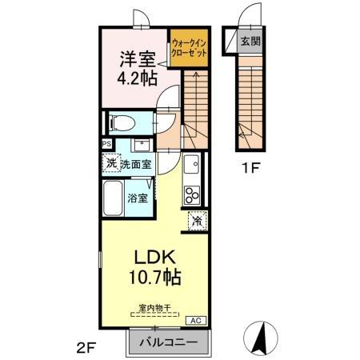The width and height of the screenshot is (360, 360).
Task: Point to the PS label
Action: pos(106,144)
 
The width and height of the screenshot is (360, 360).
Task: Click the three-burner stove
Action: pos(192,194)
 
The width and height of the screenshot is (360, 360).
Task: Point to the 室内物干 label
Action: pos(155,308)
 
